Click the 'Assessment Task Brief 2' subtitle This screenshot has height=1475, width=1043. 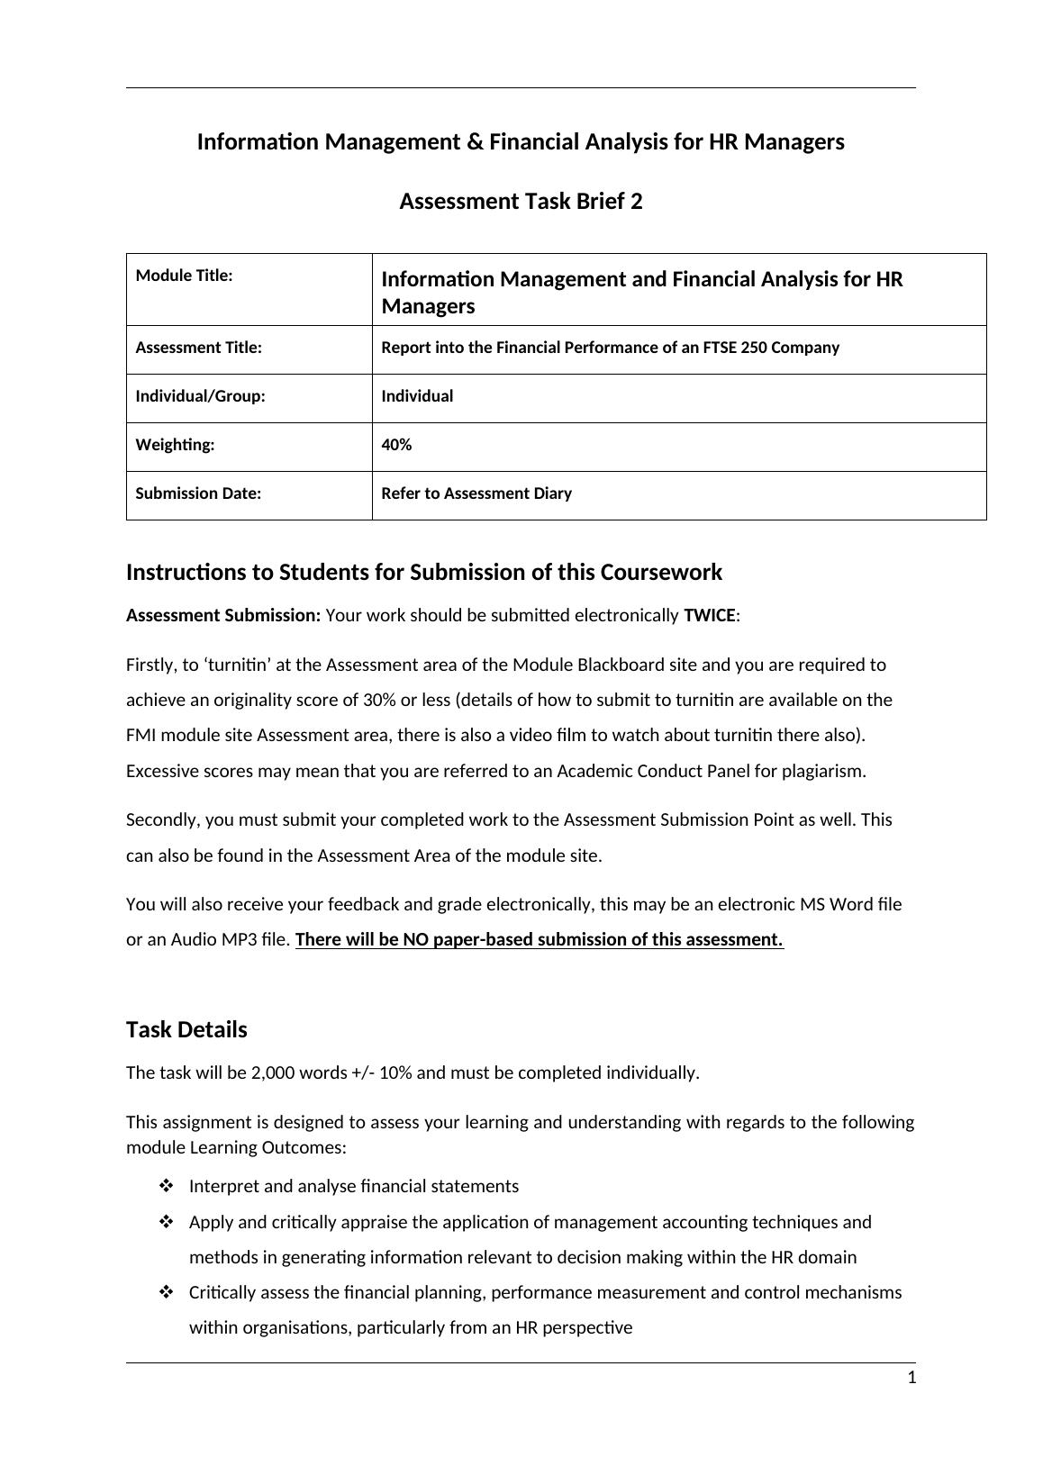pyautogui.click(x=521, y=201)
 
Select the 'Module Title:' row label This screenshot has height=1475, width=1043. pyautogui.click(x=184, y=276)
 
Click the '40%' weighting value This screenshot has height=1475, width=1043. pyautogui.click(x=396, y=445)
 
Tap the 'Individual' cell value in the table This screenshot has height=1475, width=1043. pyautogui.click(x=417, y=396)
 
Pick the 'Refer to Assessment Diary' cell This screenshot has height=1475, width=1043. pyautogui.click(x=476, y=493)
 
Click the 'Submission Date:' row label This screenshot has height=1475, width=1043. pyautogui.click(x=198, y=493)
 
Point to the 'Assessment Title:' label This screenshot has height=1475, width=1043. pyautogui.click(x=198, y=348)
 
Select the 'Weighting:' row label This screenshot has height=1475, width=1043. pyautogui.click(x=175, y=445)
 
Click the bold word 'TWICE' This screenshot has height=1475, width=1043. pyautogui.click(x=709, y=616)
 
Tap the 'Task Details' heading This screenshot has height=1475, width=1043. pyautogui.click(x=186, y=1029)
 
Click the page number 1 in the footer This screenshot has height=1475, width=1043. pyautogui.click(x=911, y=1378)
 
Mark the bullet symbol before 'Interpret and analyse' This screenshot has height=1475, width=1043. pyautogui.click(x=166, y=1186)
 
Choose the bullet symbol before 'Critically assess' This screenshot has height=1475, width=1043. pyautogui.click(x=166, y=1292)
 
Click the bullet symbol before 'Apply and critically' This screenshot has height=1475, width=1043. pyautogui.click(x=166, y=1222)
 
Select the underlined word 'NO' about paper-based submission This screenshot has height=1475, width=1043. pyautogui.click(x=415, y=939)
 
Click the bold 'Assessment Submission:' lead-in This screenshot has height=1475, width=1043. pyautogui.click(x=223, y=616)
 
